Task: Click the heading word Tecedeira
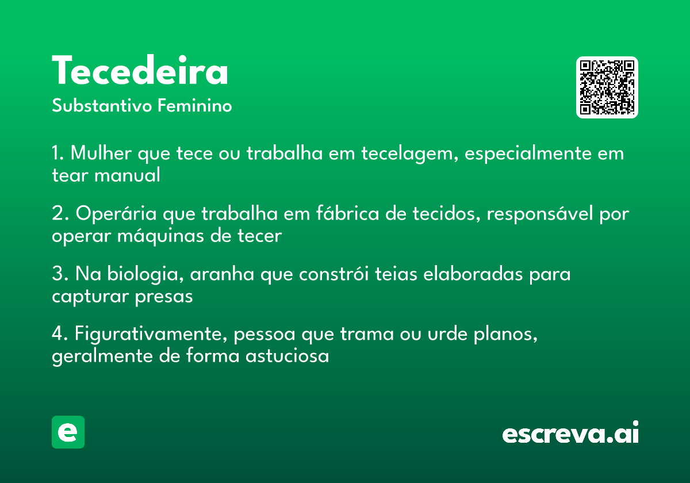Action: (140, 70)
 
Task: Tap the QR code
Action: (607, 87)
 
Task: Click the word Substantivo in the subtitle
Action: (102, 105)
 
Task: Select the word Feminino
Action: (194, 105)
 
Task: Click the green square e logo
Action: (68, 432)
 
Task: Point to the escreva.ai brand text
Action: (570, 432)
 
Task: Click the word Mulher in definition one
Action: (101, 153)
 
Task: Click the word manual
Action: (127, 175)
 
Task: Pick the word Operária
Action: (116, 213)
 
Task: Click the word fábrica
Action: (348, 213)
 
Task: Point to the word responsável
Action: (540, 214)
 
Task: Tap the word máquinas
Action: (161, 236)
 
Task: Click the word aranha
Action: (222, 274)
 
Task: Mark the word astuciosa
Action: (287, 356)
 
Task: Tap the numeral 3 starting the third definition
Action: (58, 273)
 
